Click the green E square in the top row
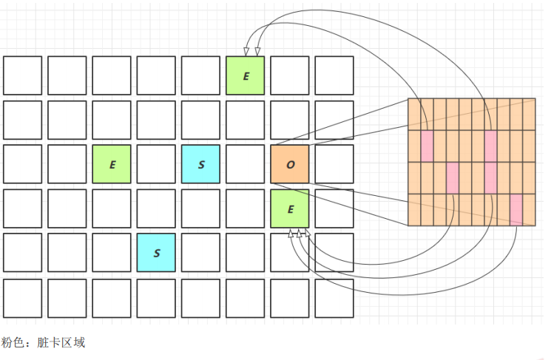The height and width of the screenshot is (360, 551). point(246,75)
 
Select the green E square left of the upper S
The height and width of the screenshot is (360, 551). point(112,164)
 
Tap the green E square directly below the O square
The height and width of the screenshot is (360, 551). point(290,208)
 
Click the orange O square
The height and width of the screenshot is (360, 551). point(290,164)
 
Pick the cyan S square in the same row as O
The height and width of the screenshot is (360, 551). point(201,164)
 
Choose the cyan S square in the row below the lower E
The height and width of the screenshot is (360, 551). point(156,253)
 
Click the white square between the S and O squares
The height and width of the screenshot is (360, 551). point(246,164)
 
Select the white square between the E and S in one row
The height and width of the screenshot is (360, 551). point(156,164)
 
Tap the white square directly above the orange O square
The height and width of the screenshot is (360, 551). point(290,120)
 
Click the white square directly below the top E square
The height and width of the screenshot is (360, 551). point(246,120)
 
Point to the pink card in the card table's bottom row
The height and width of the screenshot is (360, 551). point(515,208)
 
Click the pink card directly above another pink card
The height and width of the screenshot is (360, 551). point(490,146)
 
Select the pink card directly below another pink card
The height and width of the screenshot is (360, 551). point(490,177)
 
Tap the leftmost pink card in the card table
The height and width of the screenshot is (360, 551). point(427,146)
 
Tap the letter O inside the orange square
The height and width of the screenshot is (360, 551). point(290,164)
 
